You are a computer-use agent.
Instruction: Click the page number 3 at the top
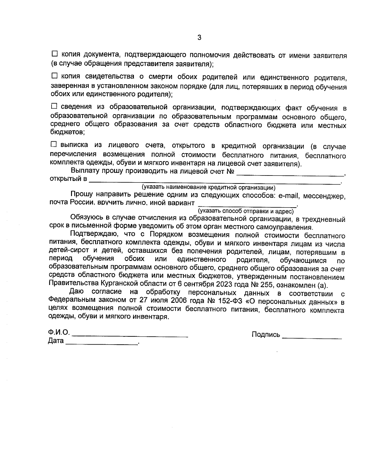pos(199,38)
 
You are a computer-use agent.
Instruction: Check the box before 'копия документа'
pos(55,54)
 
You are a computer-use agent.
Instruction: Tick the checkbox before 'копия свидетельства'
pos(55,75)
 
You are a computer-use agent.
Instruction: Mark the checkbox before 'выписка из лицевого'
pos(54,144)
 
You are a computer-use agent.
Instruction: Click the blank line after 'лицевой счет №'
pos(290,174)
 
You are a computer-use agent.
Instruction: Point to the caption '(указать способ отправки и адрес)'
pos(246,211)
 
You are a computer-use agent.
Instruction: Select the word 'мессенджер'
pos(326,196)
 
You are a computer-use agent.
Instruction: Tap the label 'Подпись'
pos(266,335)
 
